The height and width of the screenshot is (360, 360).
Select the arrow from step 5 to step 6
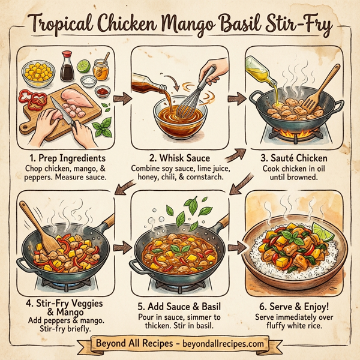pos(236,246)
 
